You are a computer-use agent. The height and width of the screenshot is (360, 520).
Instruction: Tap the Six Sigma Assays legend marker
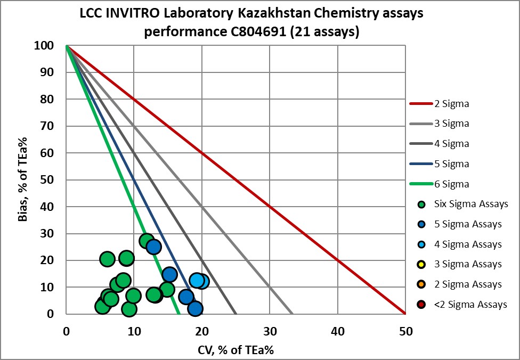point(421,204)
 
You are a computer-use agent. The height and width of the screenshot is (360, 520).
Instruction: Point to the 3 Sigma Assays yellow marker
point(421,264)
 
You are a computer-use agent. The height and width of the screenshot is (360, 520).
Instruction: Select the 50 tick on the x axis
point(405,331)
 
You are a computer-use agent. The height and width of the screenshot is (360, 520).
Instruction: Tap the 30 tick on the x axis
point(270,331)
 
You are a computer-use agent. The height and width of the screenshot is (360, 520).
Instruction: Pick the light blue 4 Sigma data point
point(197,280)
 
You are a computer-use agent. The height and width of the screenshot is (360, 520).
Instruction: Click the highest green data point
point(147,241)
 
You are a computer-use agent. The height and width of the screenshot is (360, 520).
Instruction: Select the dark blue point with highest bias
point(153,247)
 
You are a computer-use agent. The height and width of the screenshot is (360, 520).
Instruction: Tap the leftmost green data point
point(103,306)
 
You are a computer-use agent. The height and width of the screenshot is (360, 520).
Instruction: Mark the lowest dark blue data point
point(195,308)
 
